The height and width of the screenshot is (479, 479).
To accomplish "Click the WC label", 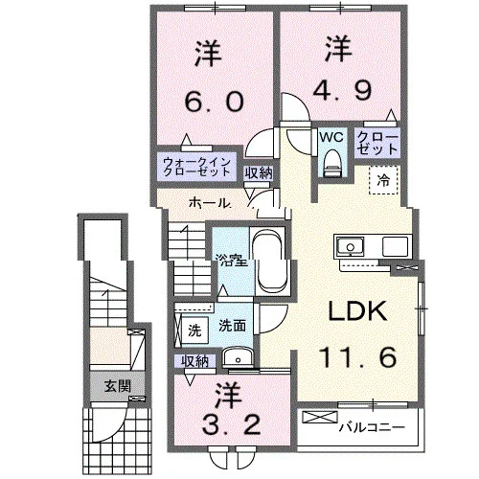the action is tap(331, 137).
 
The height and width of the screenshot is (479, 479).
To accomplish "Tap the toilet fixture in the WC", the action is tap(331, 164).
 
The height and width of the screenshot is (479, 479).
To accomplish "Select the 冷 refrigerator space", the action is tap(383, 180).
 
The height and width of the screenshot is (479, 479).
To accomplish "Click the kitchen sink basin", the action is tap(351, 246).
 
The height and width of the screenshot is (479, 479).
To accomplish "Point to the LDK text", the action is tap(357, 310).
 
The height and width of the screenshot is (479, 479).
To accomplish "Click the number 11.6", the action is tap(357, 356).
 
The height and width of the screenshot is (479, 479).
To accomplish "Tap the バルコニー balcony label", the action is tap(372, 427).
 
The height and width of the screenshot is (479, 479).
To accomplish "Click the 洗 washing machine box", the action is tap(194, 331).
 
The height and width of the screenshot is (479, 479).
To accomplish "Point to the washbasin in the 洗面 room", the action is tap(238, 358).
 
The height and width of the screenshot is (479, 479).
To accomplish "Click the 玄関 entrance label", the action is tap(118, 387).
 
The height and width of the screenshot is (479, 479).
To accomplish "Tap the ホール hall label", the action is tap(210, 203).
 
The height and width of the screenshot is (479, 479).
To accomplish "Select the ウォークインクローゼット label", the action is tap(196, 167).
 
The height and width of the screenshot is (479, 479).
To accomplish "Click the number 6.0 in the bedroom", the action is tap(215, 102).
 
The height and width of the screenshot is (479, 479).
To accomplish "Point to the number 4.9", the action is tap(342, 89).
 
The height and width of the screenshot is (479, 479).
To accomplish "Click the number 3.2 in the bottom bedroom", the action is tap(232, 424).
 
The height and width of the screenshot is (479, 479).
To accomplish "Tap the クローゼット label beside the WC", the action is tap(377, 144).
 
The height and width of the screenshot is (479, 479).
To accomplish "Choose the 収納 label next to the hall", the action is tap(259, 173).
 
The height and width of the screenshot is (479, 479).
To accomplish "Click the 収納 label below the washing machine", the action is tap(194, 361).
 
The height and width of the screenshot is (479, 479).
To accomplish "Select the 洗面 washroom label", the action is tap(232, 326).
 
